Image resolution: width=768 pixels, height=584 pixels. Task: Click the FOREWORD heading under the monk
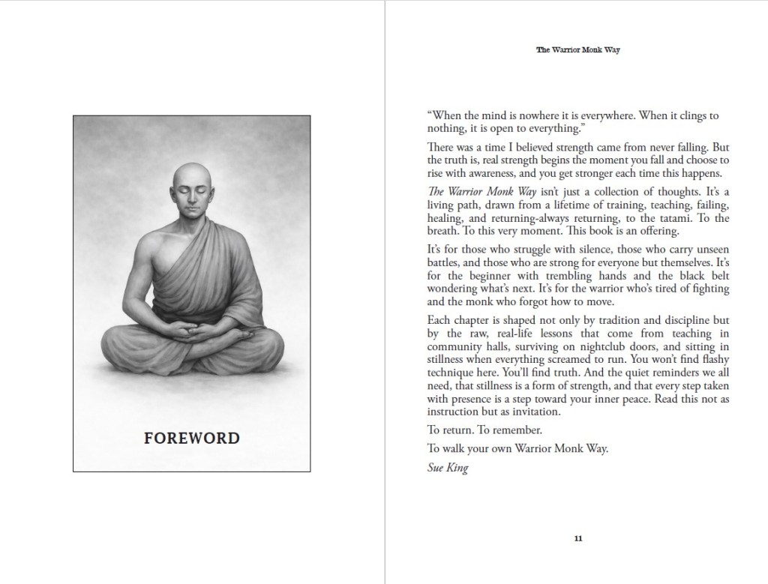point(191,438)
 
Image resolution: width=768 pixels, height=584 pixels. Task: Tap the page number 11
point(577,538)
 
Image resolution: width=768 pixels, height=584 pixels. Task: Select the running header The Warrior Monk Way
point(577,50)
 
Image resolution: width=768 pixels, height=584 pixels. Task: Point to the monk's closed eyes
point(192,190)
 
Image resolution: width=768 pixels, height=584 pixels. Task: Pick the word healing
point(444,215)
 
